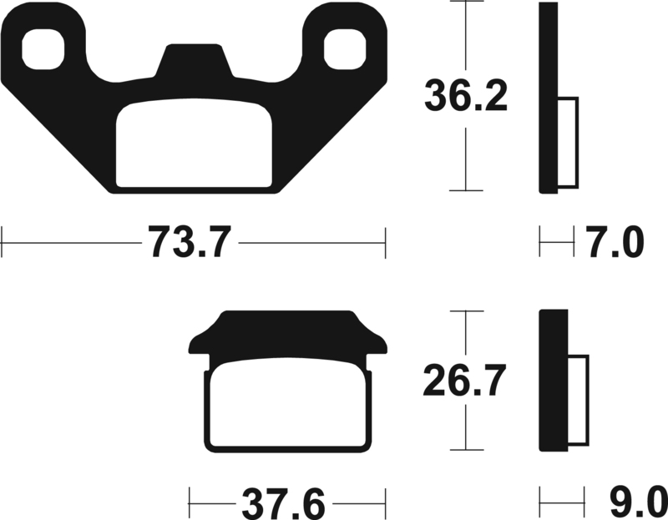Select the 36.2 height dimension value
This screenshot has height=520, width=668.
point(465,96)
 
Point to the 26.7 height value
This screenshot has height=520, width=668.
point(465,381)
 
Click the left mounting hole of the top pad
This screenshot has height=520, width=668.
point(44,49)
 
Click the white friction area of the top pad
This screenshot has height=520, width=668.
point(194,144)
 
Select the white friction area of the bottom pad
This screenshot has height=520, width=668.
point(288,404)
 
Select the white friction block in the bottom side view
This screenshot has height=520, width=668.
point(578,400)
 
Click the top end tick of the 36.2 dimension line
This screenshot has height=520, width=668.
point(465,3)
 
